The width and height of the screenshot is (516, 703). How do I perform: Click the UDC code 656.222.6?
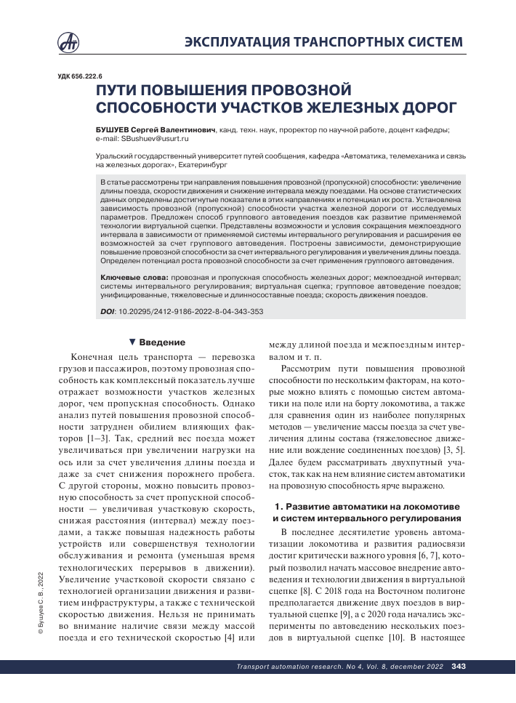coord(81,75)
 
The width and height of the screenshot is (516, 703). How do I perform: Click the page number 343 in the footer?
coord(459,687)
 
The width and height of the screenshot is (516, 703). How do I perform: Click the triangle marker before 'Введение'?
coord(132,342)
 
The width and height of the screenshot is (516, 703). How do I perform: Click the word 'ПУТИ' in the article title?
coord(118,91)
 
